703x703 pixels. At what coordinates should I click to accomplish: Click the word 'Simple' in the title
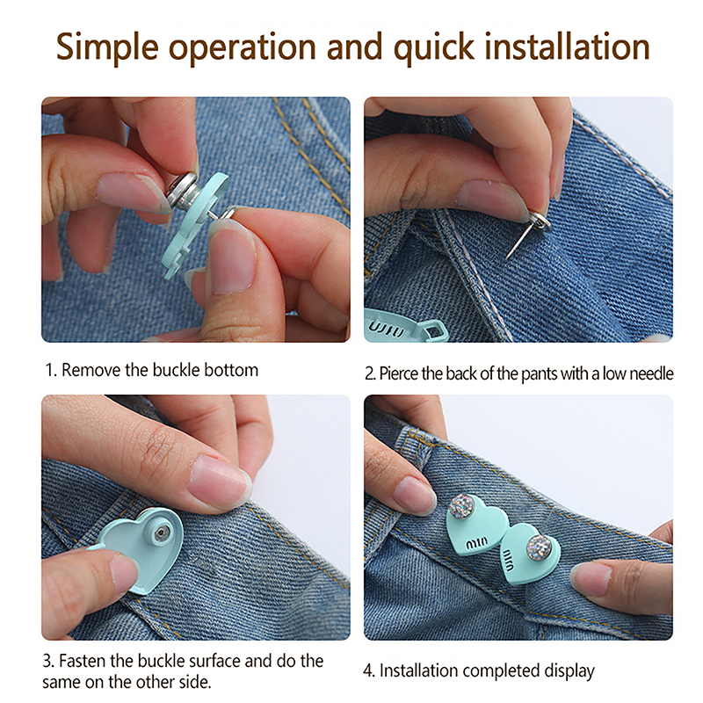click(x=107, y=47)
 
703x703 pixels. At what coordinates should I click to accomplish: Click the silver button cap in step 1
click(x=183, y=191)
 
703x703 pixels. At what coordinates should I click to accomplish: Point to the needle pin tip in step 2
click(x=507, y=257)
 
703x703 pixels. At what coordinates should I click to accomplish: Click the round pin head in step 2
click(x=540, y=221)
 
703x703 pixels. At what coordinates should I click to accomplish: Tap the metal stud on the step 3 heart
click(x=161, y=533)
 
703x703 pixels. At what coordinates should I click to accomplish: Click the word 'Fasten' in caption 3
click(x=83, y=661)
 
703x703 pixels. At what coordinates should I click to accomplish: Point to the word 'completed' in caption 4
click(x=502, y=671)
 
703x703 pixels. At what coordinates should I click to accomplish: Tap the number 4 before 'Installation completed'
click(x=368, y=671)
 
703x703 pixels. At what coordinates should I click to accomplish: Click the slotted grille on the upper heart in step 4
click(x=476, y=544)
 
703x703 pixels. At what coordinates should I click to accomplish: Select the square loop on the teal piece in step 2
click(x=432, y=331)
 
